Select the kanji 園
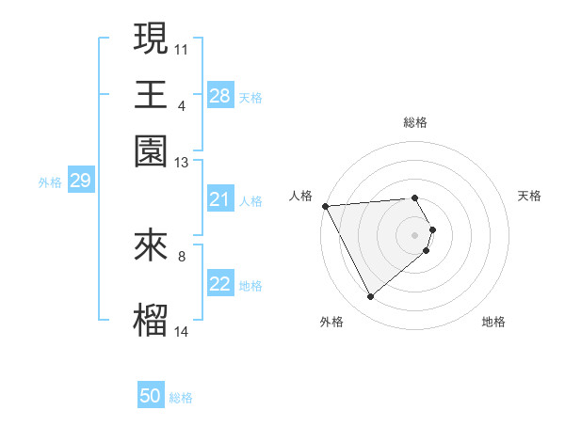[x=152, y=150]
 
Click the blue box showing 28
[x=219, y=96]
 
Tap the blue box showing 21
[x=219, y=199]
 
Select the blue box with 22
[x=219, y=284]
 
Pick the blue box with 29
[x=80, y=182]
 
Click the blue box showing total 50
[x=151, y=396]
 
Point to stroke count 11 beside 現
[x=182, y=48]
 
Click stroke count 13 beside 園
[x=182, y=163]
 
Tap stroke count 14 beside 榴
[x=182, y=331]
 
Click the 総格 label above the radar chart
[x=415, y=122]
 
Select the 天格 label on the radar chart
[x=529, y=196]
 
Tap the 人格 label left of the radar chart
[x=301, y=196]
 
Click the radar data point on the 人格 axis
[x=325, y=206]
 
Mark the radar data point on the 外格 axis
[x=370, y=297]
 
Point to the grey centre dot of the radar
[x=415, y=234]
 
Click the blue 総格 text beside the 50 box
[x=181, y=398]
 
